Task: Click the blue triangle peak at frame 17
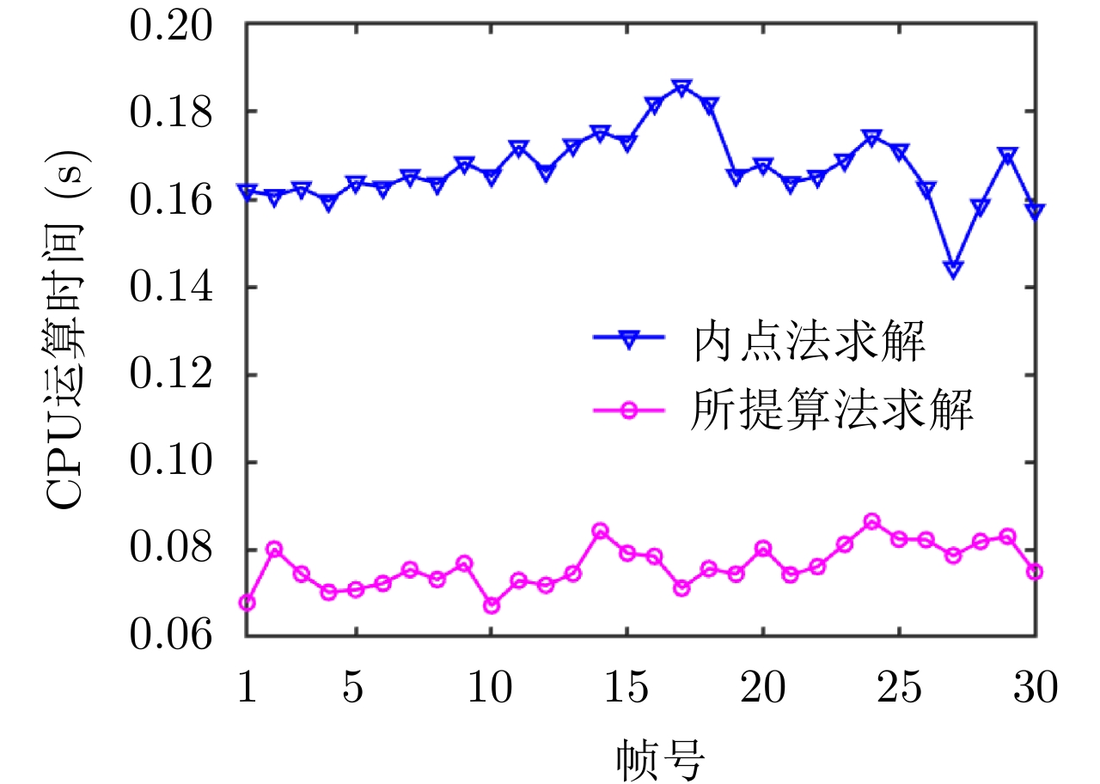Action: [681, 88]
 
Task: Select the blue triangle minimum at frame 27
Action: [953, 269]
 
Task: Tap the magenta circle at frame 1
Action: [247, 603]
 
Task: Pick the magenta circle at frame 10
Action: [491, 605]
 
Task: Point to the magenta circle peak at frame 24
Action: [871, 521]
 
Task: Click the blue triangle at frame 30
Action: [1035, 211]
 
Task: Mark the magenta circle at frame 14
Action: [600, 531]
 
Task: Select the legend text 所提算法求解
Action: [832, 410]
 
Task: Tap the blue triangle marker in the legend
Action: [628, 340]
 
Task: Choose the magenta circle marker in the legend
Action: [628, 410]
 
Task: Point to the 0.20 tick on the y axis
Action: [170, 24]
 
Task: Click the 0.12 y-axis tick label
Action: [170, 375]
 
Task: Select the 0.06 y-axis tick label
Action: [170, 636]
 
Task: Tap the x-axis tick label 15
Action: [627, 688]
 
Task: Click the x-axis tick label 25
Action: [898, 688]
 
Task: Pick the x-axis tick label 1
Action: [247, 688]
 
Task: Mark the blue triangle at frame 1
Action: [247, 191]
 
